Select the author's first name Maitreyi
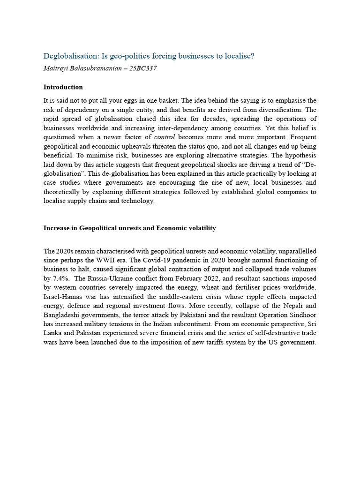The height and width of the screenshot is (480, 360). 57,68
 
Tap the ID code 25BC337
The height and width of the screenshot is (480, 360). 142,68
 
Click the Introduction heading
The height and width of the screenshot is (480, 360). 63,87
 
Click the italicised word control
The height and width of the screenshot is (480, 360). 165,137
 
